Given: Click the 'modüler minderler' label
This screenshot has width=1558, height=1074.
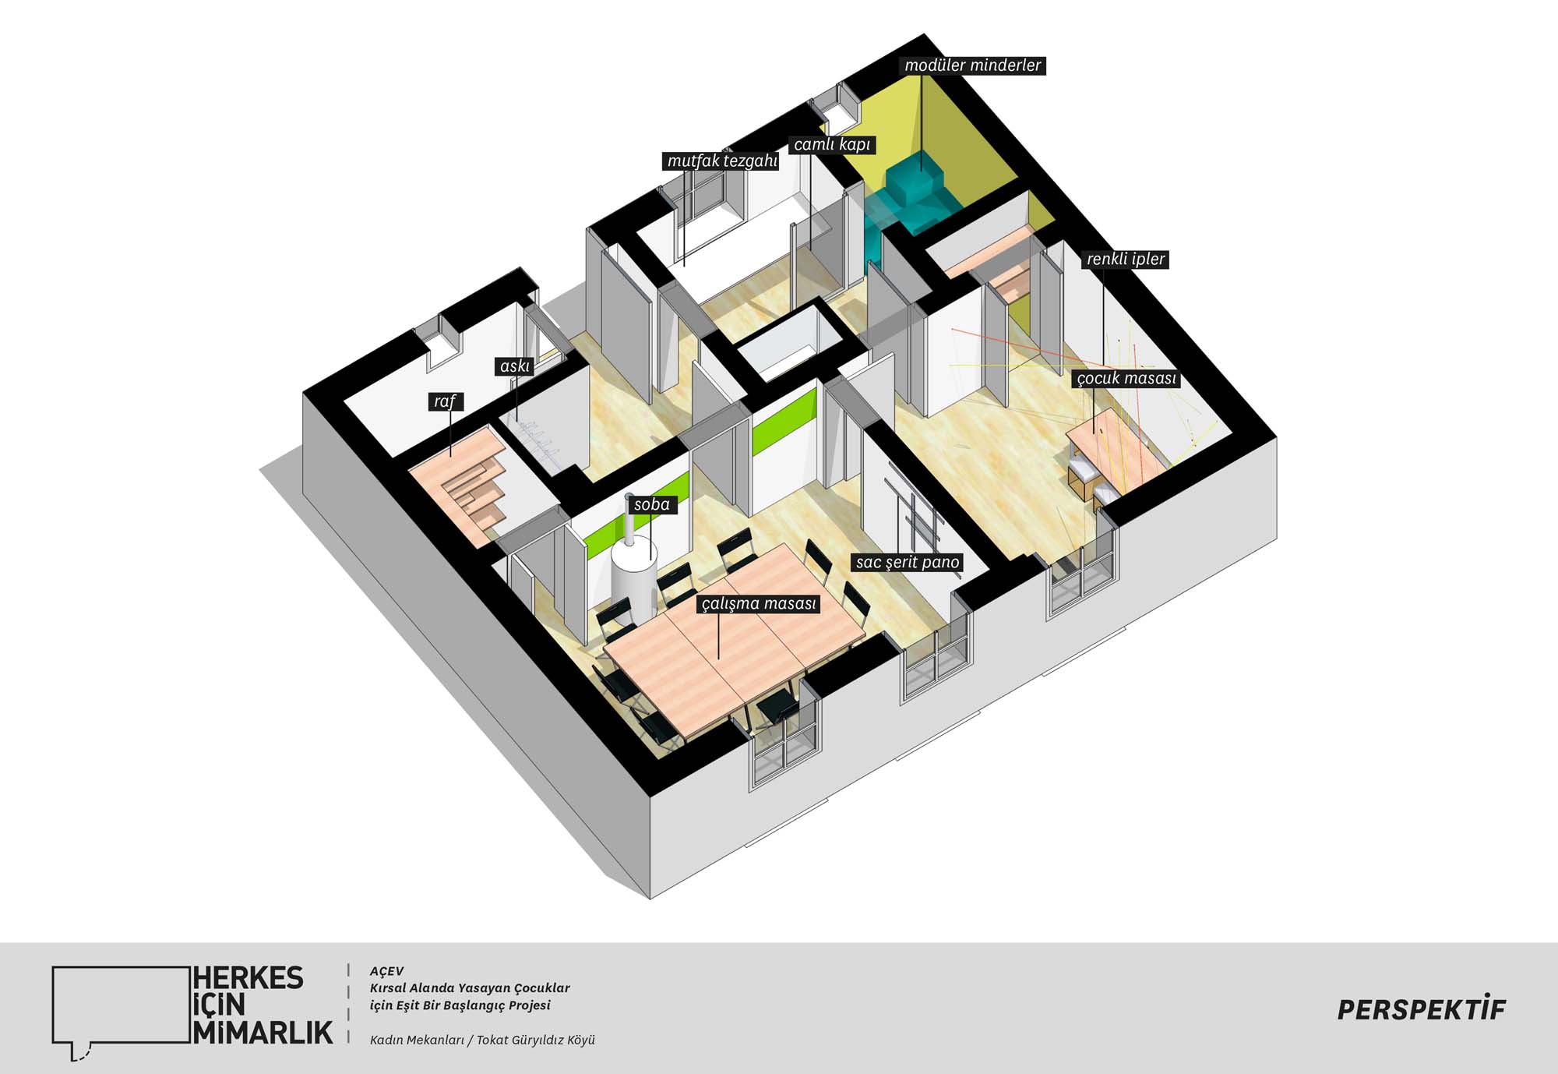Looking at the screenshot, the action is click(972, 65).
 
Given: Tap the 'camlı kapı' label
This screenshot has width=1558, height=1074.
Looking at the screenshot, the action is click(832, 145).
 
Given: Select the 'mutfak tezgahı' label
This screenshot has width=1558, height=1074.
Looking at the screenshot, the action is click(722, 161).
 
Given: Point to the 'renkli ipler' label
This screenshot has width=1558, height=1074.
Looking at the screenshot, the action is click(1126, 260).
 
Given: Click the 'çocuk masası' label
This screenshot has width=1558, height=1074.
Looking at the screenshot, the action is click(1126, 379).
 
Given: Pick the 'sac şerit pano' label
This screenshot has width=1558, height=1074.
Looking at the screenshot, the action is click(908, 563).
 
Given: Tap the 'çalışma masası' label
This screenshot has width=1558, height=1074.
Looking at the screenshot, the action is click(759, 604).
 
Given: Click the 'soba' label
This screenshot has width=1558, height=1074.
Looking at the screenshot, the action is click(652, 505).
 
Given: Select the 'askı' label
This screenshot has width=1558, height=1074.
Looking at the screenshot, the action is click(515, 366).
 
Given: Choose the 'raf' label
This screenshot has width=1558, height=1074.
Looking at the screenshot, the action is click(446, 402).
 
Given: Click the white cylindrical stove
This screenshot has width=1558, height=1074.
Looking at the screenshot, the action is click(633, 577).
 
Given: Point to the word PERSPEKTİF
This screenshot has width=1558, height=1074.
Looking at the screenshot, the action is click(1422, 1009).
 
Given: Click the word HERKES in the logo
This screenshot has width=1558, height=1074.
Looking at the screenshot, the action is click(249, 978).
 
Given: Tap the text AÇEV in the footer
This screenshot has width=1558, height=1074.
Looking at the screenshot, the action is click(386, 971).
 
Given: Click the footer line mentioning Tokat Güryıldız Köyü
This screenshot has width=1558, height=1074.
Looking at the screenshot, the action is click(482, 1040).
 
